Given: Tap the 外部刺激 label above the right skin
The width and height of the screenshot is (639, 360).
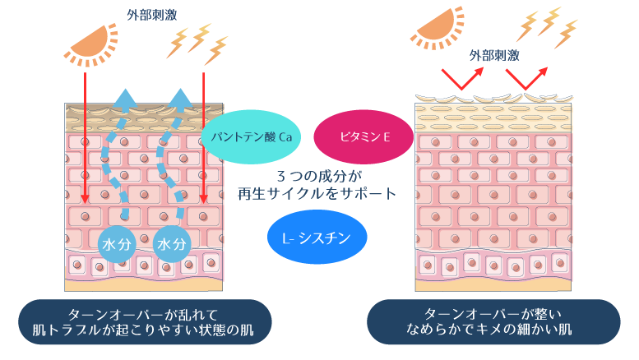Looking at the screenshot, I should [x=493, y=55].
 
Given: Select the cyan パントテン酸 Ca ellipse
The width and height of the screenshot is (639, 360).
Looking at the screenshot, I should [x=251, y=136].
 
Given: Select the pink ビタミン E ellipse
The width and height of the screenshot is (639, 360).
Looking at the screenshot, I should [x=363, y=136].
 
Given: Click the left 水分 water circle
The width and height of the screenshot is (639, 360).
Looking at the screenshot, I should [x=116, y=244].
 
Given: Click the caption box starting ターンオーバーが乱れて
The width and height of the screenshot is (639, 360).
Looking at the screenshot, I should [x=145, y=321].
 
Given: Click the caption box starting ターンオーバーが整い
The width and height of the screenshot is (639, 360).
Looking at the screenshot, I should [x=493, y=321].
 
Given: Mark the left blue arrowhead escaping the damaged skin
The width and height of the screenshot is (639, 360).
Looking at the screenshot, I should [x=124, y=99].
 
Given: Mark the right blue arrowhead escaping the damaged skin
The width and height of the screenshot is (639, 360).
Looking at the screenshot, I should [x=180, y=99].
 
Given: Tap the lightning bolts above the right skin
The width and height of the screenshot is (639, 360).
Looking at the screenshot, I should [x=546, y=26].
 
